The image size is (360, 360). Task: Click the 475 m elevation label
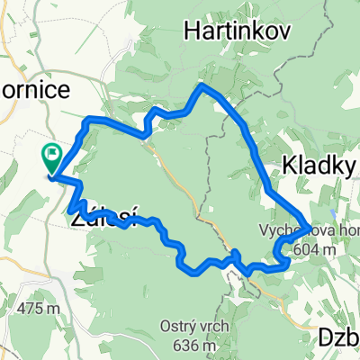[x=37, y=309]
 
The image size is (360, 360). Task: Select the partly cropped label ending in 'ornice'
[x=32, y=93]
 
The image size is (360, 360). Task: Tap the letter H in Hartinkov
[x=192, y=31]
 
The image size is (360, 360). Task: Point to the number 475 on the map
[x=29, y=309]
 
